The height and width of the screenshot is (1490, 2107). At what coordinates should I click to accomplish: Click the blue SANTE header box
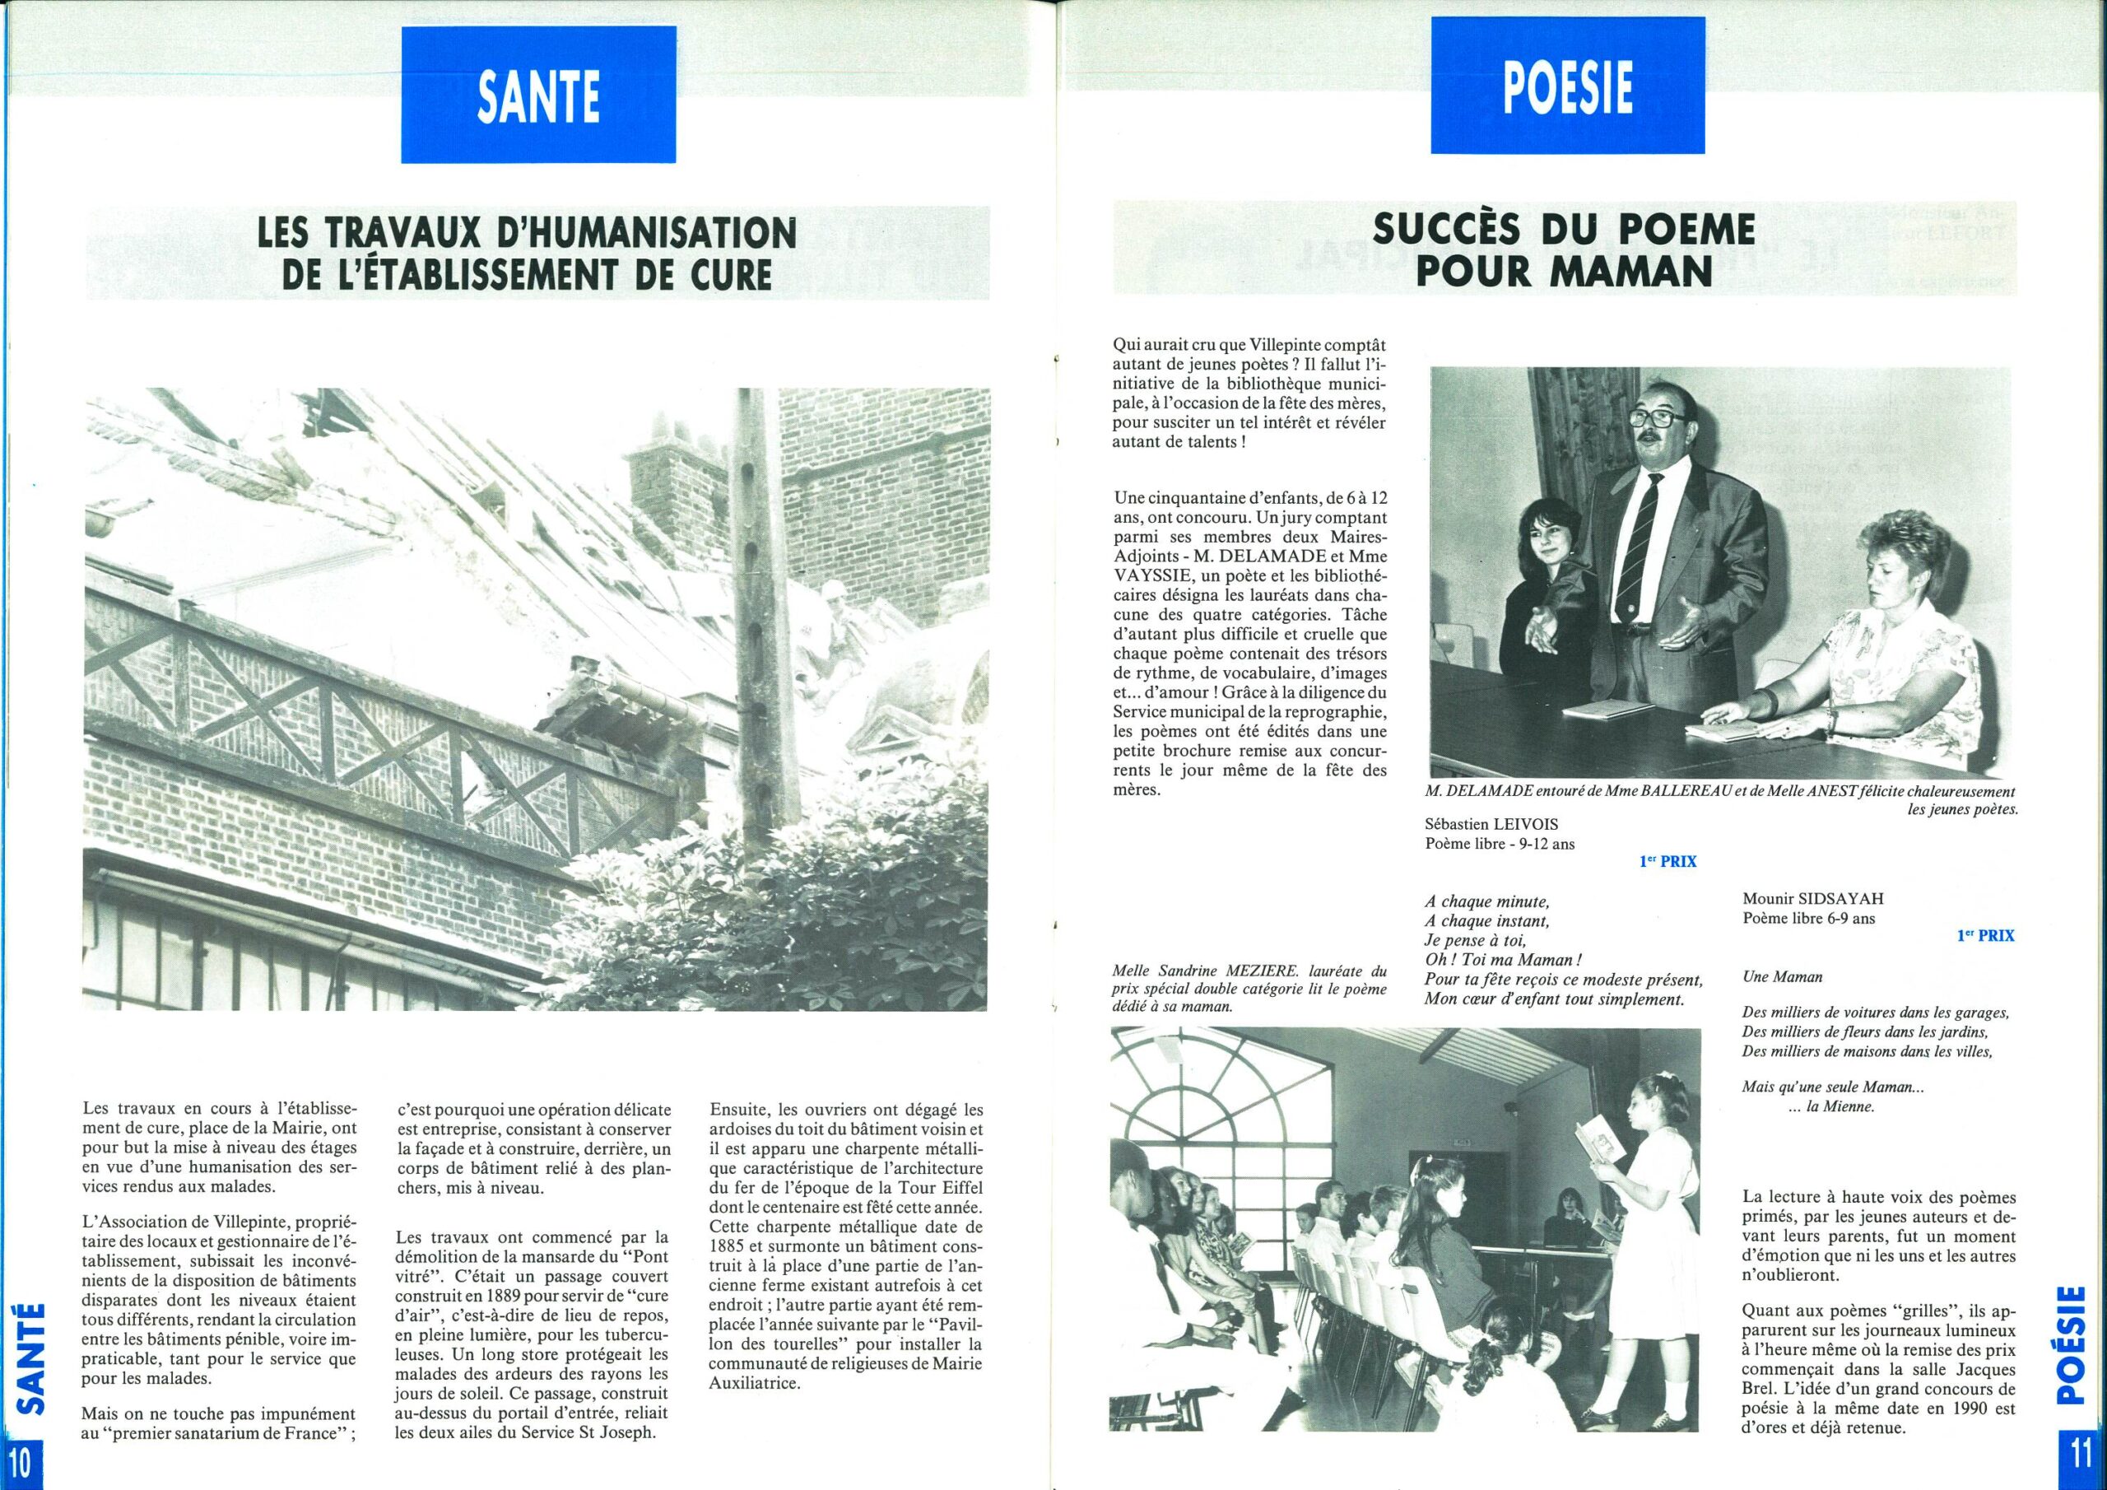(x=537, y=95)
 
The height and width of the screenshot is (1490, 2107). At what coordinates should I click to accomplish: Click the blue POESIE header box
(x=1566, y=86)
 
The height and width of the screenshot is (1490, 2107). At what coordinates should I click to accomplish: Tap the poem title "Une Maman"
(x=1770, y=978)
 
